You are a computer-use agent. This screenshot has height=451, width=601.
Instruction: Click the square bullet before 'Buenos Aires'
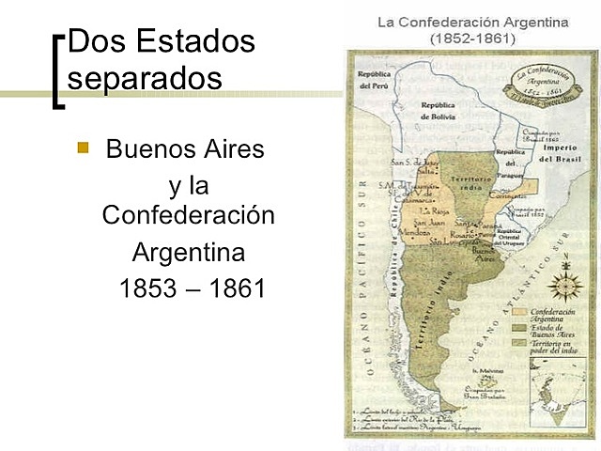click(83, 148)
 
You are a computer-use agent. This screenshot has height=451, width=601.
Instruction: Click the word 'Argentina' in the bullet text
click(188, 253)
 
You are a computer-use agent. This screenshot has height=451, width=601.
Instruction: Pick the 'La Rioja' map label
click(433, 210)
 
